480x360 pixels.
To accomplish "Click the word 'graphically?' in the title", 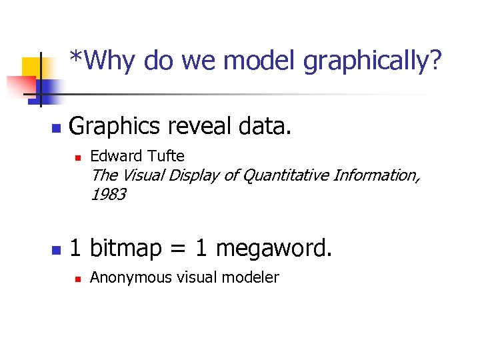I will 372,61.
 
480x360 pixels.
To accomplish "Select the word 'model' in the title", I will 260,61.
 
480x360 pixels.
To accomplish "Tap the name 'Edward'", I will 115,156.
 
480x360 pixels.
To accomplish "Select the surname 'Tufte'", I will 165,156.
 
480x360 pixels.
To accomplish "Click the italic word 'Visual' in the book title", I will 142,175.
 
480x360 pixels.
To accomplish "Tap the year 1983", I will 108,195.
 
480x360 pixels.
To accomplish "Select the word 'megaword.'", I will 273,249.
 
